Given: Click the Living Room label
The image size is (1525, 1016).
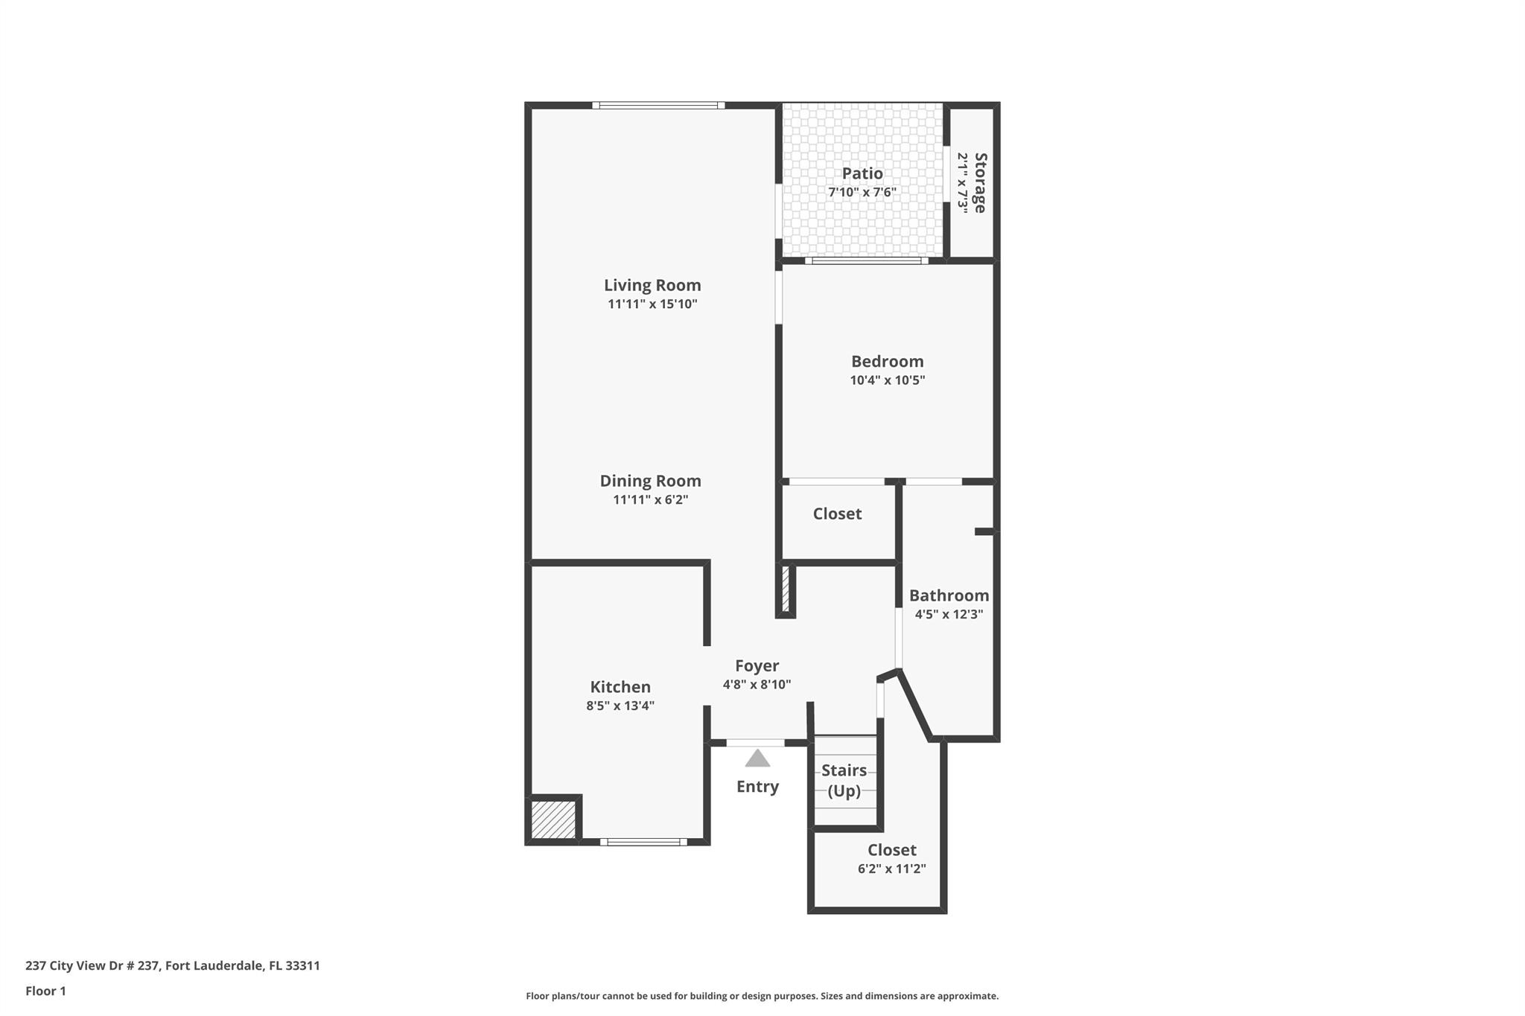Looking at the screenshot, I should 652,285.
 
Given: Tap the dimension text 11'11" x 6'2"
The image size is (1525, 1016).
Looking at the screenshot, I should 650,499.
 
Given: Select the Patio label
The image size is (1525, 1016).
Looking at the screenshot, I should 862,173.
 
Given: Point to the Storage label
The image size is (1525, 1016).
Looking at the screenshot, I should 980,182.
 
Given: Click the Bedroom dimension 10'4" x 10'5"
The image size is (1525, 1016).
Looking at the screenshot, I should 887,380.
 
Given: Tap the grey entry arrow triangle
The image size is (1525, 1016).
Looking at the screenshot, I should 757,759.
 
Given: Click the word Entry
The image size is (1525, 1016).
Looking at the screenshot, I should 757,787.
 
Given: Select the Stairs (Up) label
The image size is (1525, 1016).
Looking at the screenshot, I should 844,780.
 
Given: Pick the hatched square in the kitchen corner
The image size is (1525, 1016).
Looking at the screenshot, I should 553,819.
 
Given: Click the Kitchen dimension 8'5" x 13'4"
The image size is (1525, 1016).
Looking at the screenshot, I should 620,706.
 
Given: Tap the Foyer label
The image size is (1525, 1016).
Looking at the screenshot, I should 757,666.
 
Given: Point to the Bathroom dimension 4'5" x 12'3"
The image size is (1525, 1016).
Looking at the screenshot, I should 949,614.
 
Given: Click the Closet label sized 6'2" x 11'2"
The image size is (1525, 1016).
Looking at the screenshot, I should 891,850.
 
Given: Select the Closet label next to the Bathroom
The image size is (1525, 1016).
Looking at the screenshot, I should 837,514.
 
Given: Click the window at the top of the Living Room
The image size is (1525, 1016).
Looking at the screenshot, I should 658,106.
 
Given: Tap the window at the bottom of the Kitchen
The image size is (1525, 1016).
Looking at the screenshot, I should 643,842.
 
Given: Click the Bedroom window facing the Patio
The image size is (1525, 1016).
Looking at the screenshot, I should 866,261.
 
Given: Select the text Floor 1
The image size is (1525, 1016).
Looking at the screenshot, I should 45,991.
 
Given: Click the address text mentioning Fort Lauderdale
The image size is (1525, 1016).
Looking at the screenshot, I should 173,965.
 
